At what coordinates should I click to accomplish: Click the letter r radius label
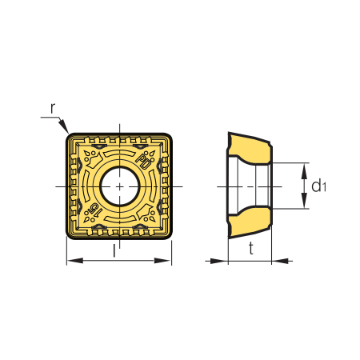pyautogui.click(x=53, y=108)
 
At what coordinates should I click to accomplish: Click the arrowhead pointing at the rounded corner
pyautogui.click(x=63, y=126)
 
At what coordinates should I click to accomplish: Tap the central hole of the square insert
pyautogui.click(x=120, y=186)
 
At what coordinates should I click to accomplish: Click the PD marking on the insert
pyautogui.click(x=144, y=161)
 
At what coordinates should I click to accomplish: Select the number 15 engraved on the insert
pyautogui.click(x=95, y=210)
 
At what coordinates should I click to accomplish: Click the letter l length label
pyautogui.click(x=114, y=251)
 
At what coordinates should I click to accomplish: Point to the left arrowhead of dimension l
pyautogui.click(x=74, y=261)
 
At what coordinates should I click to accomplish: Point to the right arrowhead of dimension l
pyautogui.click(x=162, y=261)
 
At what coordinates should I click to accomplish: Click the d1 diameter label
pyautogui.click(x=318, y=186)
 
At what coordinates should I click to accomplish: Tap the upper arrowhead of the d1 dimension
pyautogui.click(x=304, y=171)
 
